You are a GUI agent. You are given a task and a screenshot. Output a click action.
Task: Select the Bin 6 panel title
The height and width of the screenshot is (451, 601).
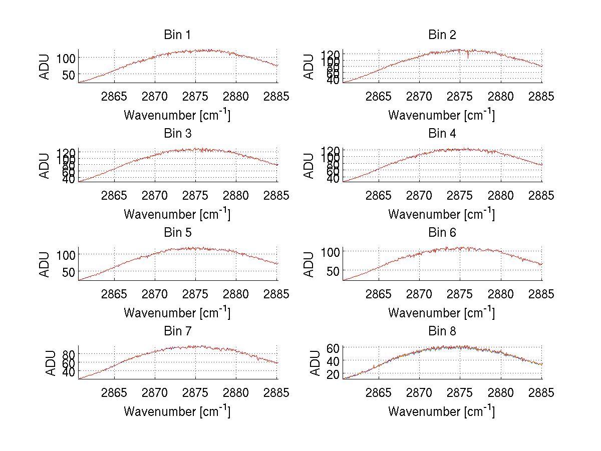pos(442,233)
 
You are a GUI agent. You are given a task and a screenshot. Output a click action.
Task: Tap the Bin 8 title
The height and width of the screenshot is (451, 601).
pos(442,331)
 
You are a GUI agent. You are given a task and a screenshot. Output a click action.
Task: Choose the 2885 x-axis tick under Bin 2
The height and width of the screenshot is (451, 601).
pos(541,97)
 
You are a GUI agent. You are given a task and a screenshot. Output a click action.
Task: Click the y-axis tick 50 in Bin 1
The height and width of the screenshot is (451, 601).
pos(68,75)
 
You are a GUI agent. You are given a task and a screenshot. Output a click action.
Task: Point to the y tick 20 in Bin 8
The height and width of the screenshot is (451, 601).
pos(333,374)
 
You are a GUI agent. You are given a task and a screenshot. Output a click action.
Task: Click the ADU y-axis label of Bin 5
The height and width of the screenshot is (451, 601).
pos(45,264)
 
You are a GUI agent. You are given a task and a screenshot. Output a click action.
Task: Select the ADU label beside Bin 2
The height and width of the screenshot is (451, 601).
pos(309,67)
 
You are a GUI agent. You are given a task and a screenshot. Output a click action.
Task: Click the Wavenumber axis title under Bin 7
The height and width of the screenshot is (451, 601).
pos(177,411)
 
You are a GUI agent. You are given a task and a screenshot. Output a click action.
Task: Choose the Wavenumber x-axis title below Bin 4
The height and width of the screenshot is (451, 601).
pos(441,213)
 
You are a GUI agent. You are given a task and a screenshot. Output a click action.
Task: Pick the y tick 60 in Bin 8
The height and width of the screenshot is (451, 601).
pos(333,347)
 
